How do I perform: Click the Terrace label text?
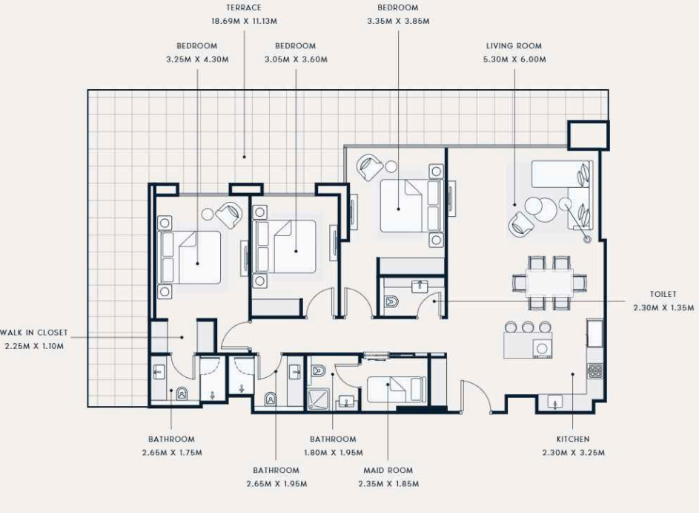243,7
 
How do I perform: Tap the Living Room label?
514,46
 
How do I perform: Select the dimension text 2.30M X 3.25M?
573,453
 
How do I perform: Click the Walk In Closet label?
34,333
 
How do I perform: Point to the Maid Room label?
388,470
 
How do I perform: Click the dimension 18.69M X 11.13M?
244,21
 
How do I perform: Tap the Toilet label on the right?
663,294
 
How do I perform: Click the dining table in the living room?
549,283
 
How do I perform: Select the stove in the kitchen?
595,371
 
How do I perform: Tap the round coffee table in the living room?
540,209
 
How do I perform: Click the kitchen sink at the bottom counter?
554,402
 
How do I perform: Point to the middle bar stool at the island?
528,327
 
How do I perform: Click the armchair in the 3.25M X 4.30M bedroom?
229,215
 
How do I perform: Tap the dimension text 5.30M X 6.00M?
514,59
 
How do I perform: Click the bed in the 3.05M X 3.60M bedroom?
285,246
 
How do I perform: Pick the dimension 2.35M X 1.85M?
388,484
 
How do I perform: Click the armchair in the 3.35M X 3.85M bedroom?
370,167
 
